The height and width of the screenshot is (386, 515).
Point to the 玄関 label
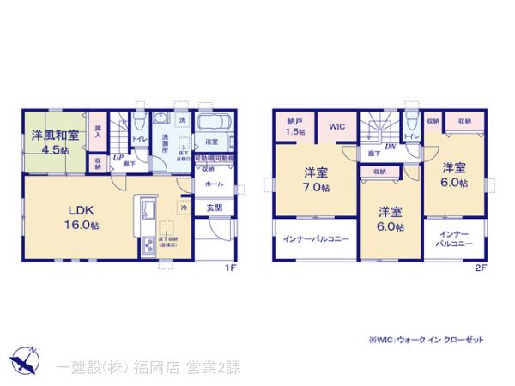214,208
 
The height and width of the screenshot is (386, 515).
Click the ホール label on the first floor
215,184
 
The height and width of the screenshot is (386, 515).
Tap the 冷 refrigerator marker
184,207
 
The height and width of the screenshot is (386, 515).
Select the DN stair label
390,146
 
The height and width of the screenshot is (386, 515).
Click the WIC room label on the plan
337,127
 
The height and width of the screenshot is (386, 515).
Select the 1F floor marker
230,267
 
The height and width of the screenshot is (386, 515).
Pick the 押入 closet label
98,131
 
